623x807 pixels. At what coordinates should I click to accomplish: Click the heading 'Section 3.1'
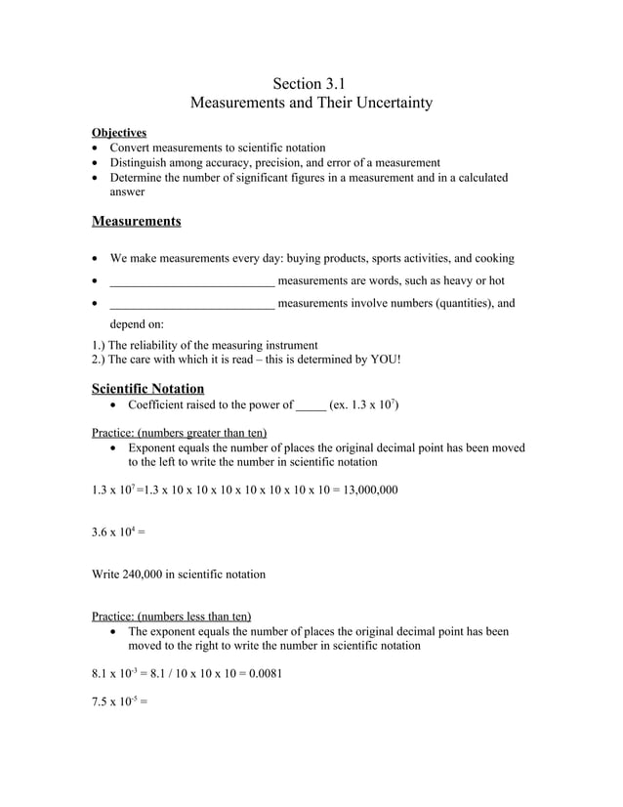[x=310, y=83]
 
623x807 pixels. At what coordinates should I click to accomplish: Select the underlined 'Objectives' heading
[x=119, y=132]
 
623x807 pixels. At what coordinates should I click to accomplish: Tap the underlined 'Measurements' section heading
[x=136, y=221]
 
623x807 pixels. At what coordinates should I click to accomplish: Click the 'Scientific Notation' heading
[x=147, y=388]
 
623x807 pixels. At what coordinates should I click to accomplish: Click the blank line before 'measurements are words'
[x=191, y=281]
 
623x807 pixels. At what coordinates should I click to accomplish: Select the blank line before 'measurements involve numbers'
[x=191, y=304]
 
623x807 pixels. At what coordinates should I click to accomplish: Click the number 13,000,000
[x=370, y=488]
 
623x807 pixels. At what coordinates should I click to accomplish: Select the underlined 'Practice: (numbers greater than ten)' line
[x=179, y=432]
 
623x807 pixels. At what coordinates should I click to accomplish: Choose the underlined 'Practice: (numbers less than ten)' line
[x=171, y=616]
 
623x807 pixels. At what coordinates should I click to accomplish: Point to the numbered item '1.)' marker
[x=99, y=345]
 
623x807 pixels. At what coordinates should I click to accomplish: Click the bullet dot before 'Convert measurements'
[x=95, y=148]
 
